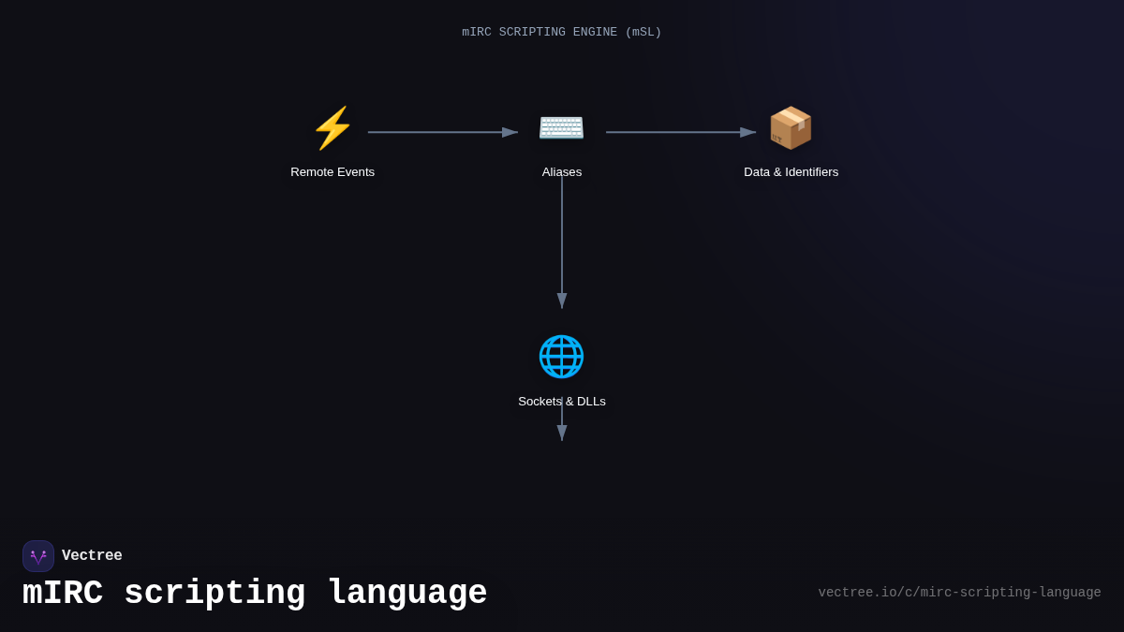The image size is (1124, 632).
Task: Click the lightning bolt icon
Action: point(333,128)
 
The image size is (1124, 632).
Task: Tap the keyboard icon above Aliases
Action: point(561,126)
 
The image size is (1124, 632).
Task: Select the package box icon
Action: point(791,128)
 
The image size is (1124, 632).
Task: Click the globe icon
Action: point(561,357)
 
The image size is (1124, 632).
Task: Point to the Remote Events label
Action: point(333,172)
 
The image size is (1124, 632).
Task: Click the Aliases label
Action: point(562,172)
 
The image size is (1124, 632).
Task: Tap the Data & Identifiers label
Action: point(791,172)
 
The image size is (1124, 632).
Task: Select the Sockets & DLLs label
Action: point(562,402)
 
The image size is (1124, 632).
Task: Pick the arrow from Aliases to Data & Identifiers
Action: point(680,132)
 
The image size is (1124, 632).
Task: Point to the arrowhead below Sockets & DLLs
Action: point(562,433)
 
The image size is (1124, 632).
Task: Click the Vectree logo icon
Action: point(38,556)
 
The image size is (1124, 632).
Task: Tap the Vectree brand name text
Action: point(92,556)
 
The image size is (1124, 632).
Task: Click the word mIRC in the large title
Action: point(63,594)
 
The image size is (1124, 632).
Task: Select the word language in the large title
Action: point(407,594)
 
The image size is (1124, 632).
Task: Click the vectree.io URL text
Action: point(959,593)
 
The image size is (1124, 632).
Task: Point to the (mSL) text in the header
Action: point(643,33)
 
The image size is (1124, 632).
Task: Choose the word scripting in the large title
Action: point(214,594)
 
